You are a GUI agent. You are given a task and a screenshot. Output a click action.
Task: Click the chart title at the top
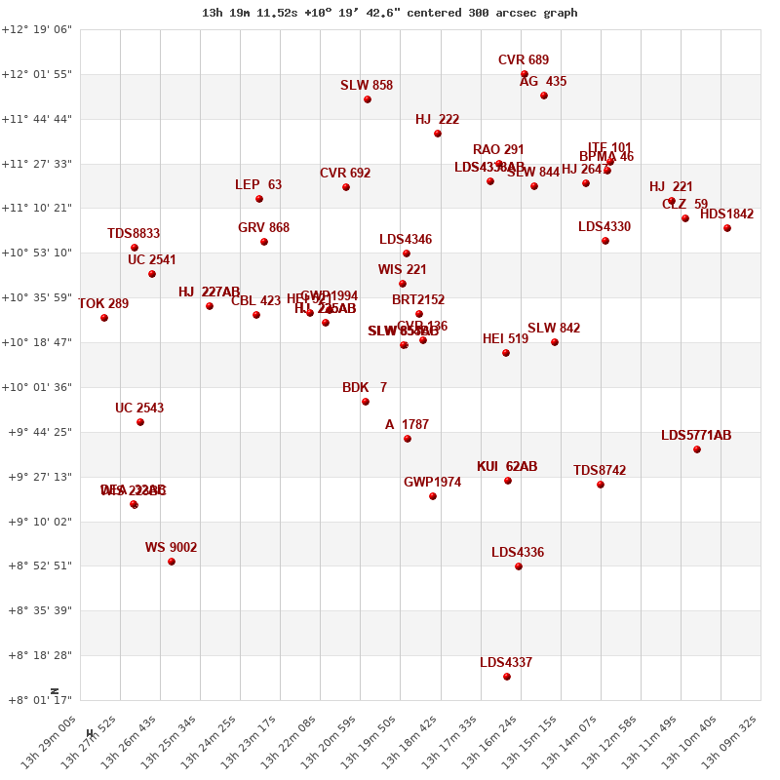[389, 13]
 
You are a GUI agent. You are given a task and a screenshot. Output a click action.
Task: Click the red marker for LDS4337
[507, 677]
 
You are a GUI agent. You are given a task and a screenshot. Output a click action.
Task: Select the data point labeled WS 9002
[172, 562]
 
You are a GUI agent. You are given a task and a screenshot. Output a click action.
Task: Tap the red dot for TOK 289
[104, 318]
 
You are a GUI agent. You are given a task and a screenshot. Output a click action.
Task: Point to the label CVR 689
[524, 60]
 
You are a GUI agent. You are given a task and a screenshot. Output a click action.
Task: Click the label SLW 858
[367, 86]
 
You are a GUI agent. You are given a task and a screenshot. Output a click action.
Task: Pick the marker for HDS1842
[727, 228]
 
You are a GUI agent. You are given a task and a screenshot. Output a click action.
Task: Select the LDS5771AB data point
[697, 449]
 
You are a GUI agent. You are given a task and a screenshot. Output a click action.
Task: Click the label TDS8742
[600, 471]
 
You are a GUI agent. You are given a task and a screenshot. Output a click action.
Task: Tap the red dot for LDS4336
[519, 566]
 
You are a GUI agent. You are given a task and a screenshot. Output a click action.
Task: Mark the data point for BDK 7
[366, 402]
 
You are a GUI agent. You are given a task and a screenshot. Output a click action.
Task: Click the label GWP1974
[432, 483]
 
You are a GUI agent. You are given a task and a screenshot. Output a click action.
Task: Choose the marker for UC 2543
[140, 422]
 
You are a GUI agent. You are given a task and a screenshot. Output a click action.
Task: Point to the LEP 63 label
[258, 185]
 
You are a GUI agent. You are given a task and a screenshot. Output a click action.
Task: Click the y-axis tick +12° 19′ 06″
[37, 30]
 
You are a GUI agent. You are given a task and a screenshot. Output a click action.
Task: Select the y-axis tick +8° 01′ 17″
[37, 700]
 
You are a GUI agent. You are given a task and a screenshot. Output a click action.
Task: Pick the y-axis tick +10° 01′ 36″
[37, 387]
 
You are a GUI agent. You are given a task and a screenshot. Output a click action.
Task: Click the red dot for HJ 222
[438, 134]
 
